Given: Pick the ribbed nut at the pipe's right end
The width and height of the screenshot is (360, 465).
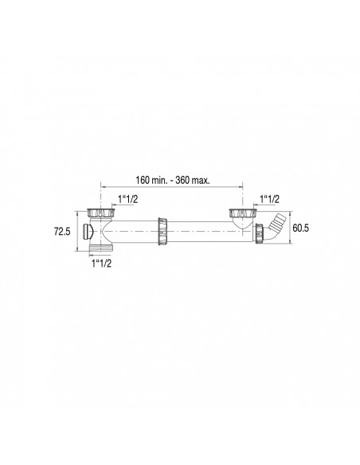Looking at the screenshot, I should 263,232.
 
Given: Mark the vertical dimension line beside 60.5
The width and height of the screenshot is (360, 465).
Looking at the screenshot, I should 289,227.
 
